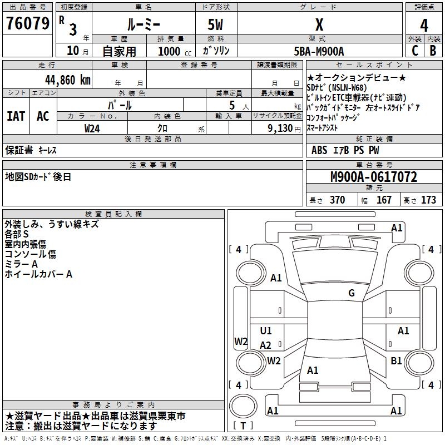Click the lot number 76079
[x=27, y=24]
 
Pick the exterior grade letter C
[x=415, y=50]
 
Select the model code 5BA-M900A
[x=319, y=51]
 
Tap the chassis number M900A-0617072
[x=374, y=177]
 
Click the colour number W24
[x=92, y=128]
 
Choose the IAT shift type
[x=16, y=116]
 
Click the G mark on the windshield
[x=351, y=293]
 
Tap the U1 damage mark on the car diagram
[x=266, y=331]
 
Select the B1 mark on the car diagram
[x=396, y=361]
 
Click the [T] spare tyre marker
[x=243, y=426]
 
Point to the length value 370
[x=337, y=200]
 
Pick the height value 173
[x=428, y=200]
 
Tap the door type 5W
[x=215, y=24]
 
